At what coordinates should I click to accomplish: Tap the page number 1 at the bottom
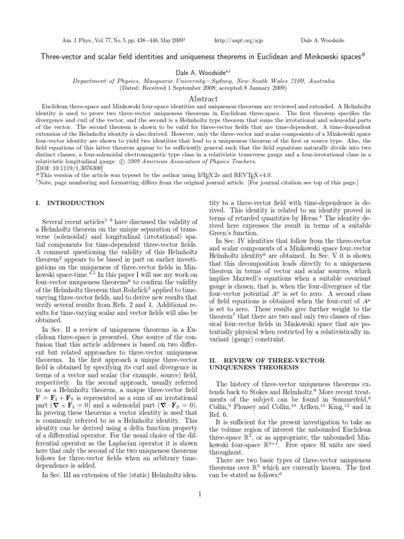(202, 493)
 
